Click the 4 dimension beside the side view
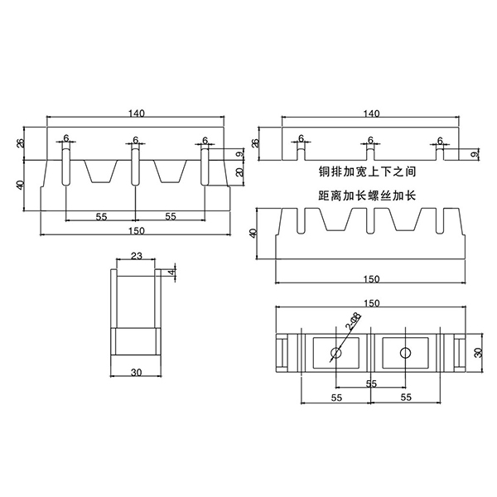click(172, 272)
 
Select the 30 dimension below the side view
click(136, 373)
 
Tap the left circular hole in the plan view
click(336, 354)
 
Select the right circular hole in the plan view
click(405, 354)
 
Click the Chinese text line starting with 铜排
click(370, 173)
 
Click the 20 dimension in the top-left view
click(239, 172)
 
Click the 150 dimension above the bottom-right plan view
click(371, 303)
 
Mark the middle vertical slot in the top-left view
click(134, 166)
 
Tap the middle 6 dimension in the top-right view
click(370, 139)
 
